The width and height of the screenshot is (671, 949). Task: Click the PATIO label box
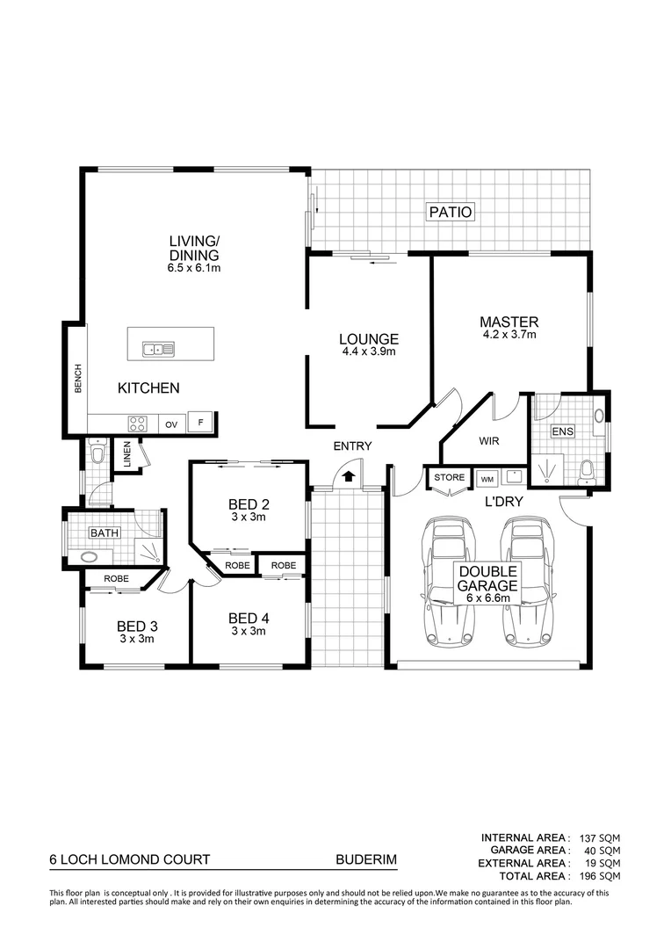451,212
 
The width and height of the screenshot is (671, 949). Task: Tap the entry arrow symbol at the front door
349,476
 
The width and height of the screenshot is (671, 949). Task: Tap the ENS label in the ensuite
561,431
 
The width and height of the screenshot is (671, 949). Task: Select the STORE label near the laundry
449,478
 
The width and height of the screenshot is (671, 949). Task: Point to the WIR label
489,441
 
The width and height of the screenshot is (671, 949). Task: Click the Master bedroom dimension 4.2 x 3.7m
509,335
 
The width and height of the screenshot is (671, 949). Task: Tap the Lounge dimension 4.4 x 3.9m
369,351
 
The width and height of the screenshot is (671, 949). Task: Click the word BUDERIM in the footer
361,861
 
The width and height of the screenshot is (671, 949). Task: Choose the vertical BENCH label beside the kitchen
77,380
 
